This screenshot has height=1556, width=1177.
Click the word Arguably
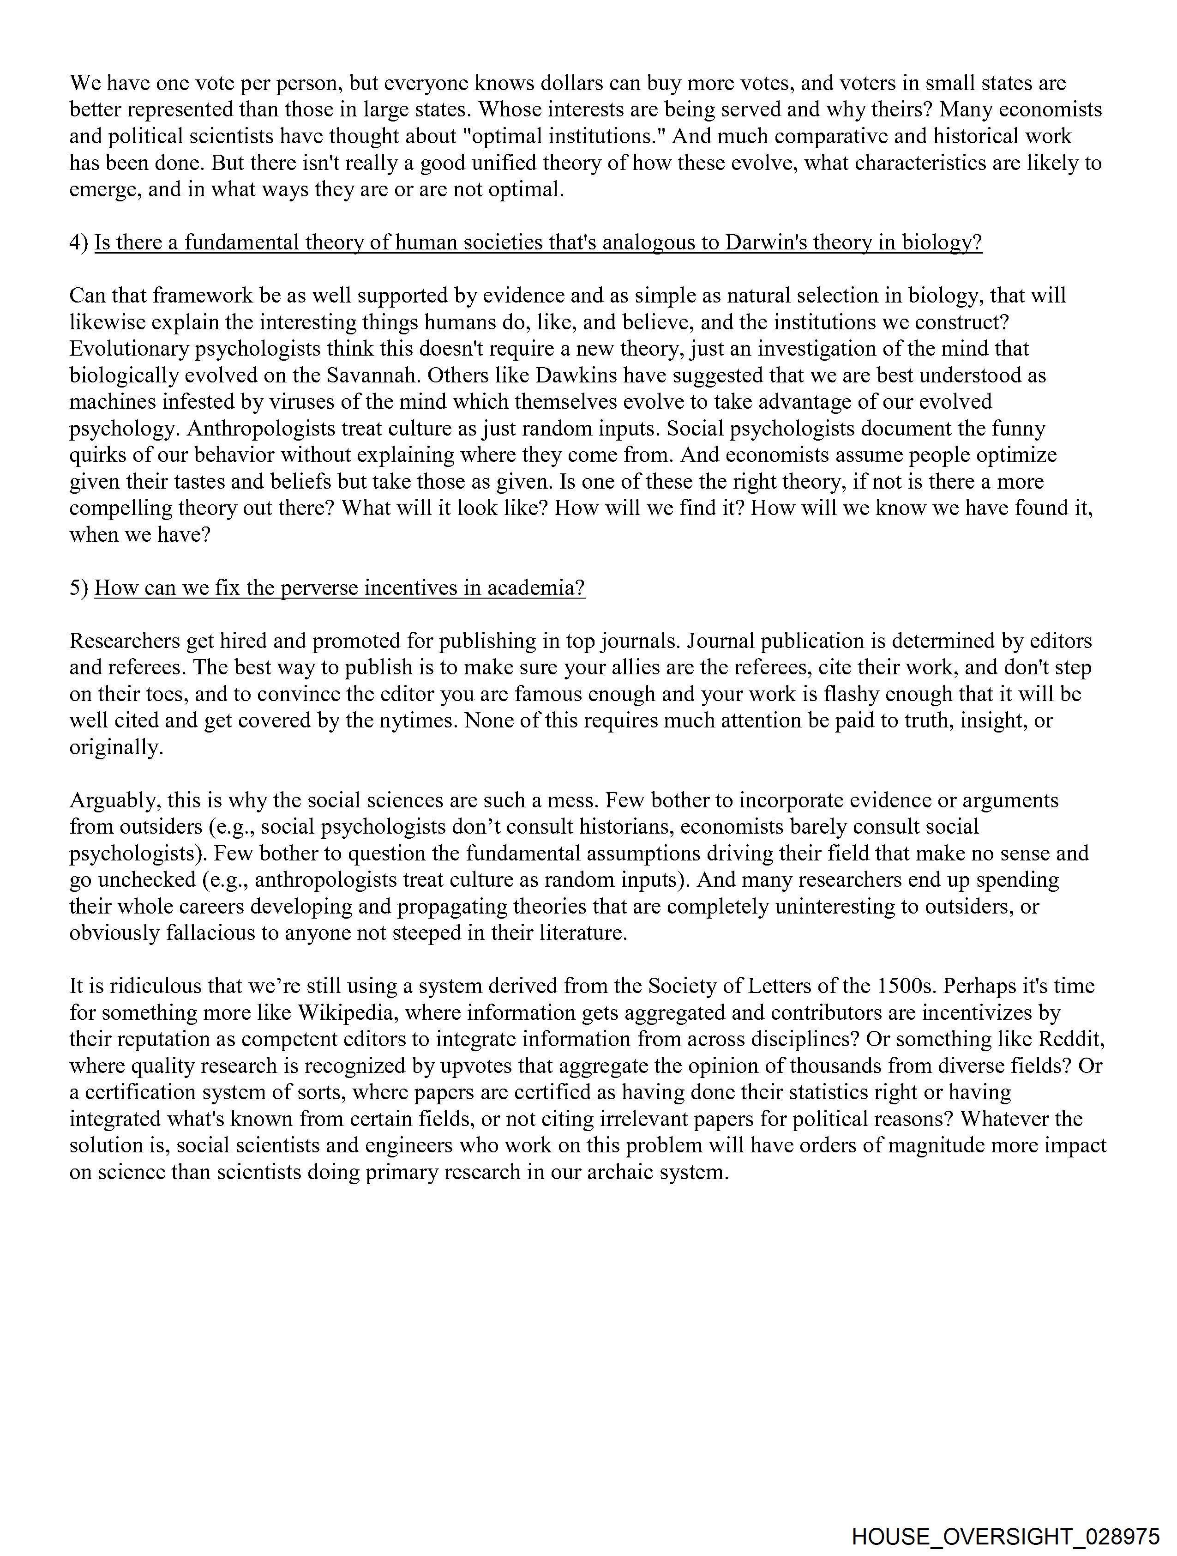[111, 800]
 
